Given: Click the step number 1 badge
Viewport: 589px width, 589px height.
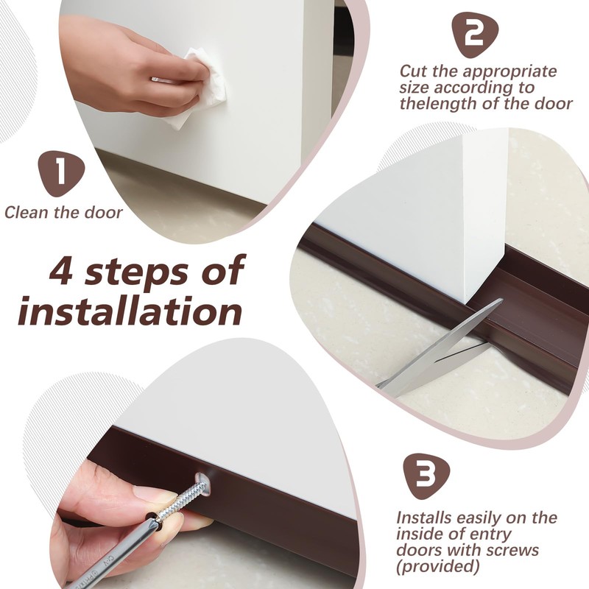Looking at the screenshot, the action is (61, 174).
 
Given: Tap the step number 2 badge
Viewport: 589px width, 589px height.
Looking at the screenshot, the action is (475, 35).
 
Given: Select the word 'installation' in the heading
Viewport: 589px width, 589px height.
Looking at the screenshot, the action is (130, 311).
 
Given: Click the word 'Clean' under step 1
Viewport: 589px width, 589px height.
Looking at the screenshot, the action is (27, 213).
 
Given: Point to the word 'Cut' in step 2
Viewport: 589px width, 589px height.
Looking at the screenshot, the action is (413, 71).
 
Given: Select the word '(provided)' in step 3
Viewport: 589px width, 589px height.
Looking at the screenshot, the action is (437, 566).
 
